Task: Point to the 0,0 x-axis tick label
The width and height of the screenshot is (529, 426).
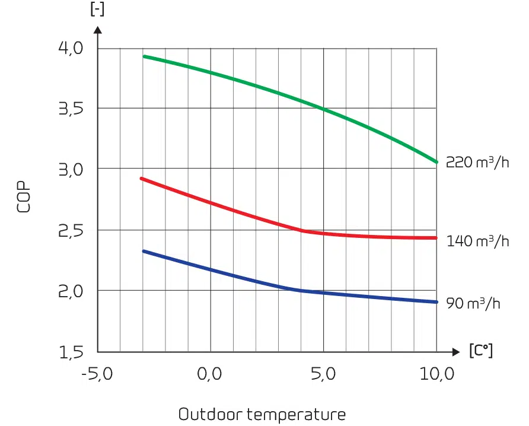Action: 210,374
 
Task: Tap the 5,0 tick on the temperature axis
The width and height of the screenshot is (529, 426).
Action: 323,374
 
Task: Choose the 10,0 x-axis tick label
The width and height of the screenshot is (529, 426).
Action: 437,374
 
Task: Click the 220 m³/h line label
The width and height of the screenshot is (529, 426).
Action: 477,162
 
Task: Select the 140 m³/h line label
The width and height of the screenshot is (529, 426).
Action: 477,241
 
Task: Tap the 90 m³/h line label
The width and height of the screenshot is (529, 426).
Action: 473,303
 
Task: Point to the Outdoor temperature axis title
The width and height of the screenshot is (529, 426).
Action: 262,414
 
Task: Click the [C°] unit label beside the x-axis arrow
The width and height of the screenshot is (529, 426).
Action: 480,351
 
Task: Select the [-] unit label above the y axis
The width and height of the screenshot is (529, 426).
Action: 97,10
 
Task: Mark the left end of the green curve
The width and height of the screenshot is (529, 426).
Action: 144,56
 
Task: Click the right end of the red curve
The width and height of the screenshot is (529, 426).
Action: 436,238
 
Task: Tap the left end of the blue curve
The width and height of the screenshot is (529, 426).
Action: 144,251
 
